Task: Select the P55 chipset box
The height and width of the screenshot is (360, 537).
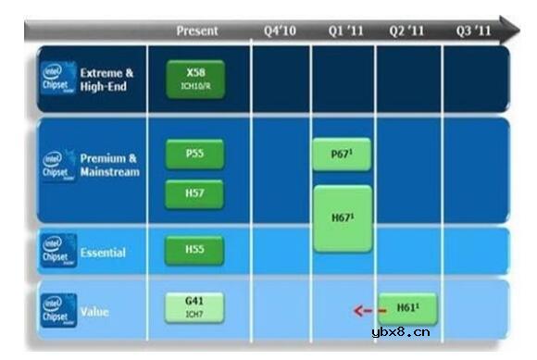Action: (x=194, y=155)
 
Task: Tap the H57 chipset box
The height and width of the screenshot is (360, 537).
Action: (x=194, y=193)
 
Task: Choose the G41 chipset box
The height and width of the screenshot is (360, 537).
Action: (x=194, y=306)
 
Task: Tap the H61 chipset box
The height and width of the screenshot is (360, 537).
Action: (x=406, y=307)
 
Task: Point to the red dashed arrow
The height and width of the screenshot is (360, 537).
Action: (x=368, y=311)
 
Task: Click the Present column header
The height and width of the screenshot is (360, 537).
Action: (x=197, y=31)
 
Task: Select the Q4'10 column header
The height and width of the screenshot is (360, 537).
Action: (x=280, y=31)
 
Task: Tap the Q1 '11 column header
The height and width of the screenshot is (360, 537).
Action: (x=345, y=31)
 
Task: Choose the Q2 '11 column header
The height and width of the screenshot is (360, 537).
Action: (x=407, y=31)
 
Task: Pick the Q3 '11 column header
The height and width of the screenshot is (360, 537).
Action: (x=472, y=31)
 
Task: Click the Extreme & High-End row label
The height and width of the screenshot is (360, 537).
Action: (x=107, y=80)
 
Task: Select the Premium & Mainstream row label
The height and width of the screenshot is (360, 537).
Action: (x=109, y=166)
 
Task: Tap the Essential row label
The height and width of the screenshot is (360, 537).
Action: (x=103, y=253)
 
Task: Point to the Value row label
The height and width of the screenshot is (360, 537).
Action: (x=95, y=313)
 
